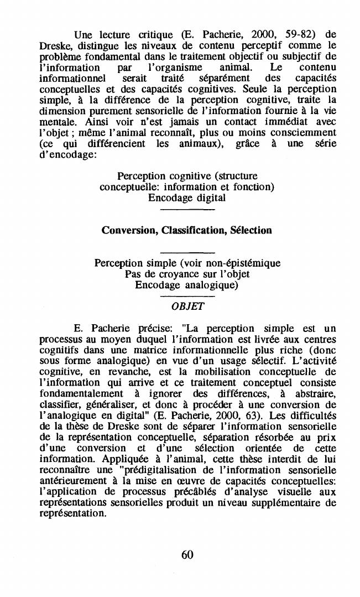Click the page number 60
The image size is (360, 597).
click(x=187, y=555)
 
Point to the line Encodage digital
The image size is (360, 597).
click(x=187, y=198)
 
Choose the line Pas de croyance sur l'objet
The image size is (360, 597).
click(x=187, y=274)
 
